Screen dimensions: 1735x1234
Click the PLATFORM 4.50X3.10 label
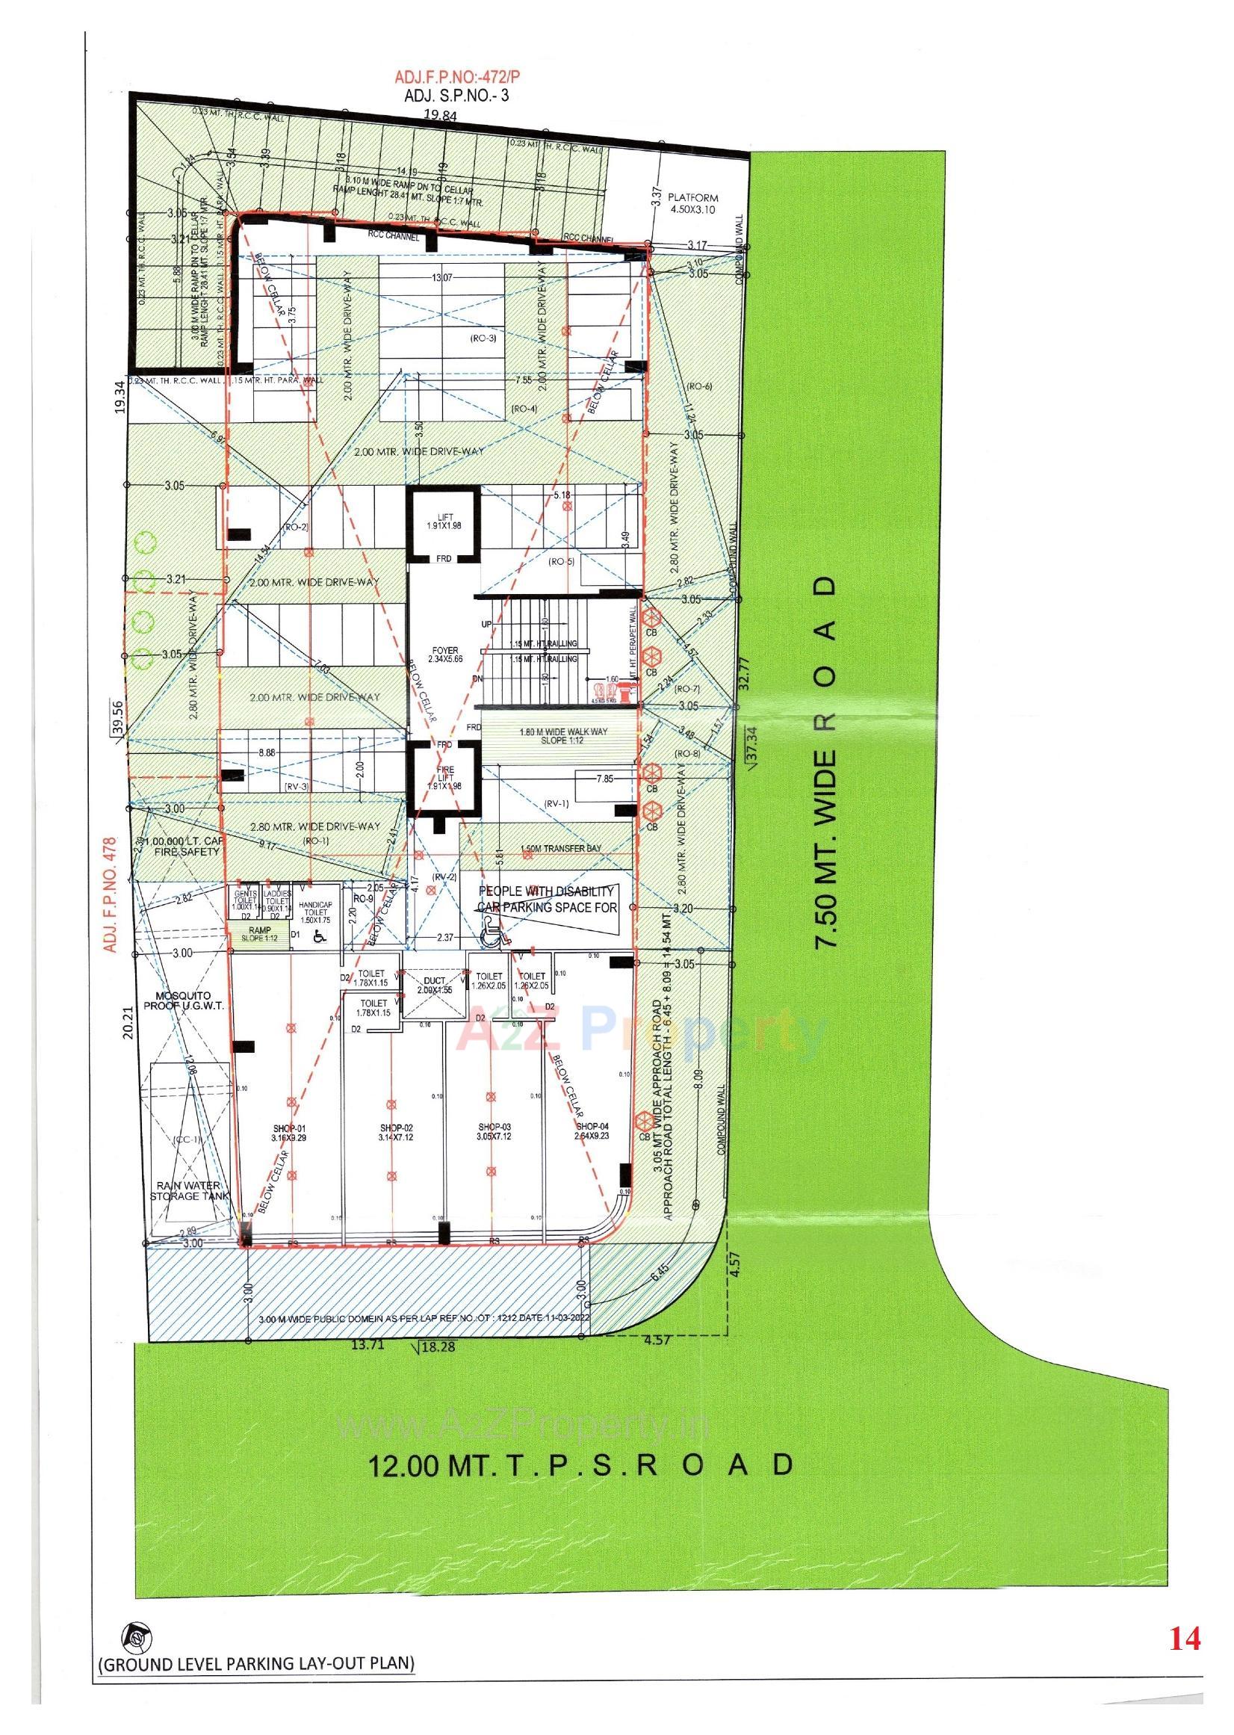pos(692,202)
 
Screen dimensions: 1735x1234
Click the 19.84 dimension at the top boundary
pos(441,116)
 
